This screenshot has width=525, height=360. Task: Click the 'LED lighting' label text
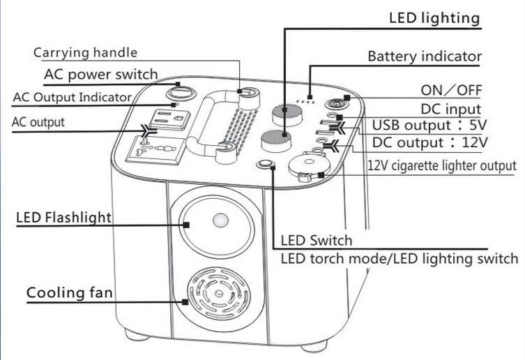coord(434,17)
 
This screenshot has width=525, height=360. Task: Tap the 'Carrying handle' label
coord(85,53)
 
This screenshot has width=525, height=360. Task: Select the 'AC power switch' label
coord(101,74)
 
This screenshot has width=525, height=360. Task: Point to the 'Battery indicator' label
coord(424,56)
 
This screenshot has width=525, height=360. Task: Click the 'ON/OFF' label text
coord(451,91)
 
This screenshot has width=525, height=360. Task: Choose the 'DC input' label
coord(451,109)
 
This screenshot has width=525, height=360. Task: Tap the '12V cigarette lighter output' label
coord(442,165)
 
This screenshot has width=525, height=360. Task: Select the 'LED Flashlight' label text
coord(63,218)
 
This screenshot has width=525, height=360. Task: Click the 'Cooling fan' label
coord(70,292)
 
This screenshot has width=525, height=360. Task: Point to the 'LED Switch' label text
coord(316,241)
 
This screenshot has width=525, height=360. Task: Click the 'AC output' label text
coord(38,121)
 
